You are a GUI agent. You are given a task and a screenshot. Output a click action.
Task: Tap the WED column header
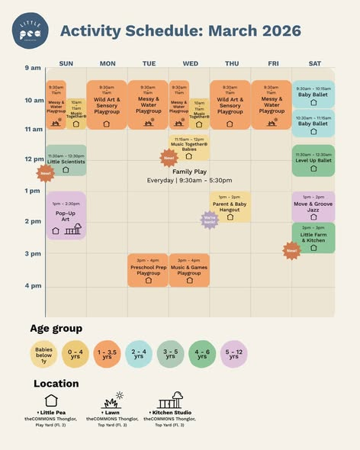(x=190, y=63)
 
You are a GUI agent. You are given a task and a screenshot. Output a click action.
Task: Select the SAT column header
(x=313, y=63)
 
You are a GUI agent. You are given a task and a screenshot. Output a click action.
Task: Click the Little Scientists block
(x=66, y=160)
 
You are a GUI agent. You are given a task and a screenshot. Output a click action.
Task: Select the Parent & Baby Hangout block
(x=230, y=207)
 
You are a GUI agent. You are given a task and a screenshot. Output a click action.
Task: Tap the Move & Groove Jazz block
(x=313, y=206)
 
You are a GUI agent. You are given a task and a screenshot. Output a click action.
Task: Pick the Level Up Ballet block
(x=313, y=160)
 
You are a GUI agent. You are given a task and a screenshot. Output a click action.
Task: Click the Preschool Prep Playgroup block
(x=148, y=270)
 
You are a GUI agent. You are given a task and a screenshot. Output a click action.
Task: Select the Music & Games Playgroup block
(x=189, y=270)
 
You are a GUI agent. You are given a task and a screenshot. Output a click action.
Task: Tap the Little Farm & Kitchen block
(x=313, y=238)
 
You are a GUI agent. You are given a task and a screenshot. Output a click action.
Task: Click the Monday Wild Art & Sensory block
(x=107, y=105)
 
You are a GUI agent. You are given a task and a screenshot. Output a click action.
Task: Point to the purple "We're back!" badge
(x=210, y=220)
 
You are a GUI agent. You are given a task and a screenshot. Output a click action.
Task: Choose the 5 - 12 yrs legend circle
(x=233, y=354)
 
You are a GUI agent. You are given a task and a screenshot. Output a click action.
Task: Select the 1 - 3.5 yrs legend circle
(x=107, y=354)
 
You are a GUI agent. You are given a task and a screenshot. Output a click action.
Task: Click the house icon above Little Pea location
(x=50, y=400)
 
